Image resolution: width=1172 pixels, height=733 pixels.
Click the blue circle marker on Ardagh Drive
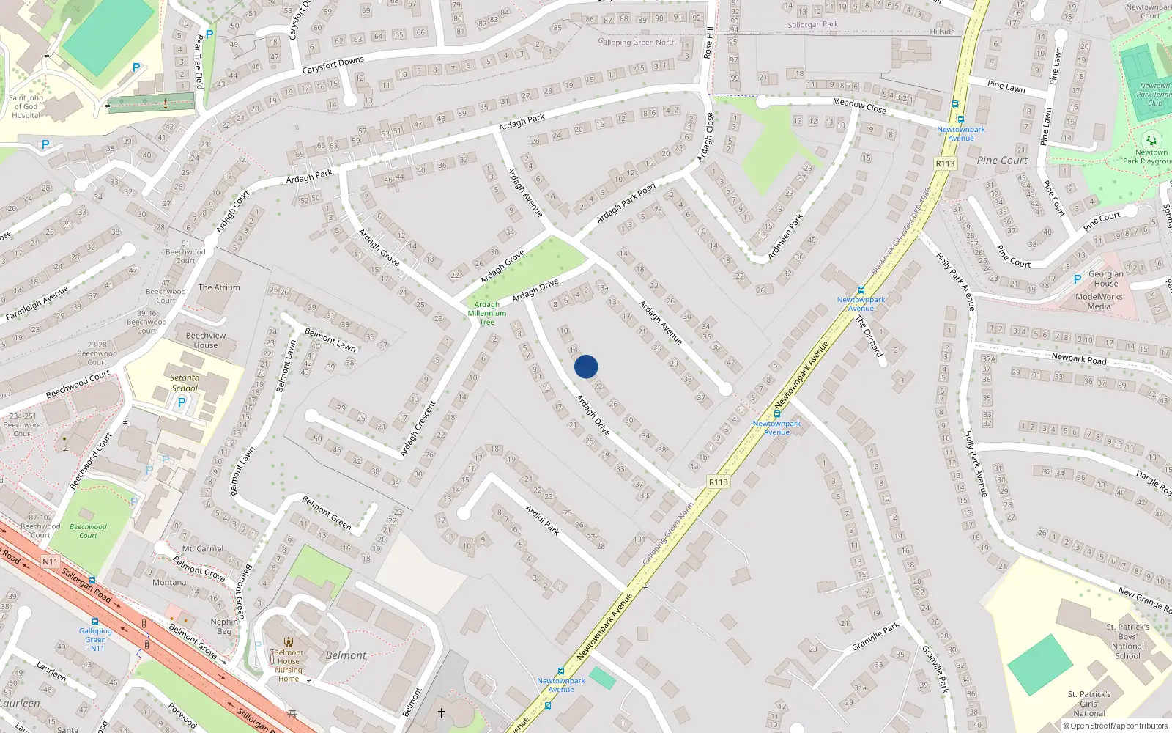click(x=586, y=366)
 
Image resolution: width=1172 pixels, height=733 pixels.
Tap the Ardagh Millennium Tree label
click(x=487, y=313)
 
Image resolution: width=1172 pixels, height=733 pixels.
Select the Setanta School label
click(x=185, y=383)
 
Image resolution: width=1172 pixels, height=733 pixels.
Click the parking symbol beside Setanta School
click(x=182, y=402)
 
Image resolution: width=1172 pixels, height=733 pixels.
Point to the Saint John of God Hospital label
click(x=26, y=106)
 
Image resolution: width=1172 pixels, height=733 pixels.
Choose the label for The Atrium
click(x=219, y=287)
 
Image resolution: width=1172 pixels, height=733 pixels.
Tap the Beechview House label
click(x=206, y=340)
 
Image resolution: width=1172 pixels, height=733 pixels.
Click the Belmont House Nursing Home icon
click(x=289, y=642)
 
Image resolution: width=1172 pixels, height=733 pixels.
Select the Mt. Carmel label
click(x=203, y=548)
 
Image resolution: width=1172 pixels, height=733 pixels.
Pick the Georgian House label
click(x=1106, y=279)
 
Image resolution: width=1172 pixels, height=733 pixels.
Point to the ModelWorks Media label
click(x=1099, y=301)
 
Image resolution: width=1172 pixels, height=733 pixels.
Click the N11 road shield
click(x=50, y=561)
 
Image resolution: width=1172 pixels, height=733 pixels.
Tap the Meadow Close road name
click(x=859, y=106)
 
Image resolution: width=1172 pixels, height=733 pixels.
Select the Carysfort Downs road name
click(x=333, y=65)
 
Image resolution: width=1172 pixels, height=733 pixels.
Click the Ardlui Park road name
click(x=542, y=520)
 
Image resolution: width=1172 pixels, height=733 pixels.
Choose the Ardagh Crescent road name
click(x=418, y=429)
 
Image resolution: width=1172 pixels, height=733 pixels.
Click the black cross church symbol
click(x=442, y=712)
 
